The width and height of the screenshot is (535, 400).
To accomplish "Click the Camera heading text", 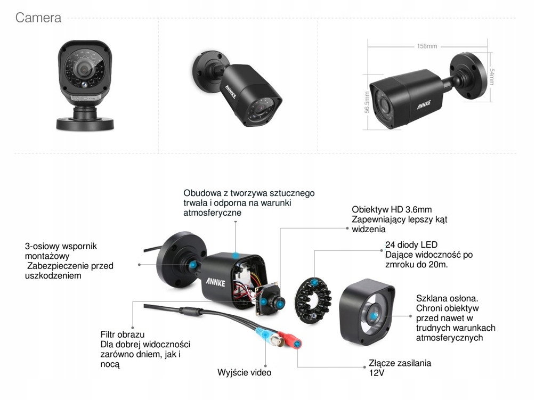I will click(38, 18).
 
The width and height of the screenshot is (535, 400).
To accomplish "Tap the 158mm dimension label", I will click(426, 46).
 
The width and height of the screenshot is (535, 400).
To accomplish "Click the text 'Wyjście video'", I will click(244, 372).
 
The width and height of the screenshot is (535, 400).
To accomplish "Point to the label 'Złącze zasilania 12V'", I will click(400, 368).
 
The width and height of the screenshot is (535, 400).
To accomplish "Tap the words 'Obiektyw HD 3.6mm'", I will click(392, 209).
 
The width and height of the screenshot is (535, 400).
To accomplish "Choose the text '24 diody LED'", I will click(411, 245).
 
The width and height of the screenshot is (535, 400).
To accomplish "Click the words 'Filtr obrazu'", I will click(123, 334).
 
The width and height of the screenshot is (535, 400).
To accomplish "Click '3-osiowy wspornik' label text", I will click(61, 247).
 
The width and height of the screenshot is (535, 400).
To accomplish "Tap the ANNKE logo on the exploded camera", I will click(216, 281).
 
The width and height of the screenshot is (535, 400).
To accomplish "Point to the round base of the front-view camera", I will click(85, 124).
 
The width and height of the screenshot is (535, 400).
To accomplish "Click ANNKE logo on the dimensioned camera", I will click(424, 103).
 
